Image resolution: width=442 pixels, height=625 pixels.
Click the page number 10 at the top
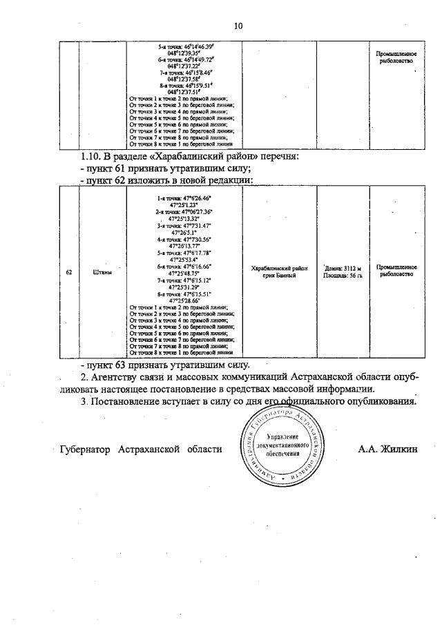click(x=238, y=27)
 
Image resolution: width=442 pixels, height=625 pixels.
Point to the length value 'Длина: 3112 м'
click(x=343, y=267)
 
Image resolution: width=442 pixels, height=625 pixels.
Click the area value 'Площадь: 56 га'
click(x=343, y=275)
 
